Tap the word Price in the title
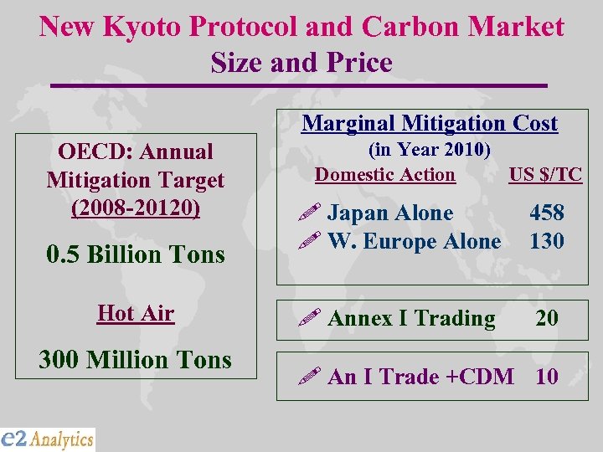pos(361,64)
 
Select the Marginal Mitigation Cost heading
pos(430,124)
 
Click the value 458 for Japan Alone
pos(547,213)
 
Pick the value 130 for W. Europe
pos(547,242)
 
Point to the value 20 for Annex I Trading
pos(548,319)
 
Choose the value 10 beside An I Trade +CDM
pos(547,378)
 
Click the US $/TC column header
pos(545,175)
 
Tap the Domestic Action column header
pos(385,175)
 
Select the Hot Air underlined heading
pos(136,314)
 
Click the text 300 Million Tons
pos(135,360)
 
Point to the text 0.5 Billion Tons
pos(136,254)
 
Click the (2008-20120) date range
pos(136,208)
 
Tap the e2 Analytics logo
pos(48,439)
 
